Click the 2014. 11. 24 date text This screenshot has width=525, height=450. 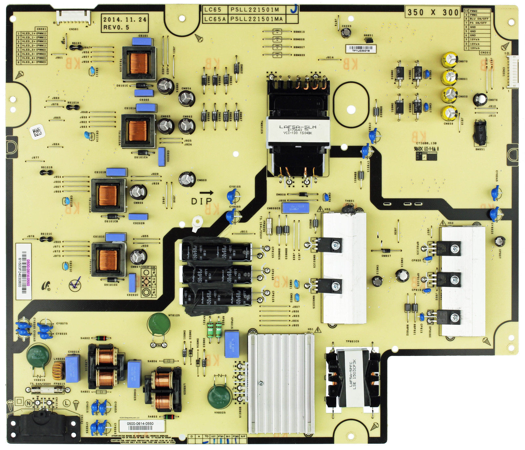point(125,20)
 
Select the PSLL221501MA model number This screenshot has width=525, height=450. point(256,19)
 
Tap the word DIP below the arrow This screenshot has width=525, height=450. point(201,201)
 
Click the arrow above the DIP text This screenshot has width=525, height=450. point(206,193)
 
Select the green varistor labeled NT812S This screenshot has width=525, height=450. point(159,325)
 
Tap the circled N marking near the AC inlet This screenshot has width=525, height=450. point(29,403)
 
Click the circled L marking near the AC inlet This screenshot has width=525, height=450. point(67,403)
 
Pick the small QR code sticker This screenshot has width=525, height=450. point(37,132)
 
